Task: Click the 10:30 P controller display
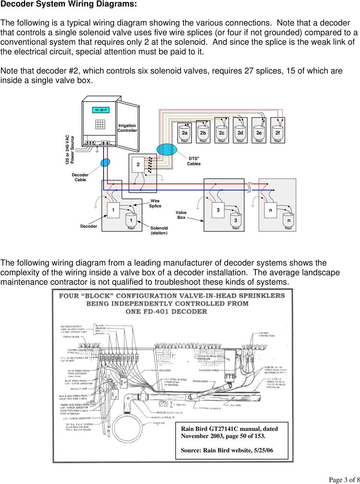(x=100, y=110)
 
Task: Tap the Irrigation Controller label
(x=127, y=128)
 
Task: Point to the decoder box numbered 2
(x=138, y=164)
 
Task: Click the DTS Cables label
(x=193, y=161)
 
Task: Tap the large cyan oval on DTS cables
(x=166, y=149)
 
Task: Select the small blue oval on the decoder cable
(x=105, y=162)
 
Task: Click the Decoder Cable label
(x=80, y=177)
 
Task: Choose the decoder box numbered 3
(x=218, y=210)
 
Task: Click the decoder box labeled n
(x=270, y=210)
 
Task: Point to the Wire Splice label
(x=155, y=204)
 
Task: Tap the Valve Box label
(x=181, y=215)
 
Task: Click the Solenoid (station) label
(x=159, y=230)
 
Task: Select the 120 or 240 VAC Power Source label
(x=70, y=150)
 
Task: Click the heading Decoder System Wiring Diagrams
(x=69, y=4)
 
